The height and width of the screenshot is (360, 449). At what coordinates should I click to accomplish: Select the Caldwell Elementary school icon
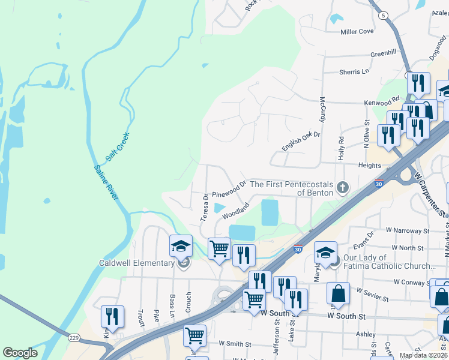181,246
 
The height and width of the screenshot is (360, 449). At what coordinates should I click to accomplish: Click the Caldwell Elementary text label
137,263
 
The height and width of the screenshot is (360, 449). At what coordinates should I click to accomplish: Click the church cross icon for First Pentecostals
343,188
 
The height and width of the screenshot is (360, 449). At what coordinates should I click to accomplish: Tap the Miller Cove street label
357,31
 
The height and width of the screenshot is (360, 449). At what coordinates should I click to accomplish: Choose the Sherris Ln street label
354,71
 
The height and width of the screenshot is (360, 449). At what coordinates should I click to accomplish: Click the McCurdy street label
322,109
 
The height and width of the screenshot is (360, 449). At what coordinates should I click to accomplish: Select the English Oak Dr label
301,142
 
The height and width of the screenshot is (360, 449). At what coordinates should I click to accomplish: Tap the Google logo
20,353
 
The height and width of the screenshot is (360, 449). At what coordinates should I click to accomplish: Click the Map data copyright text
424,355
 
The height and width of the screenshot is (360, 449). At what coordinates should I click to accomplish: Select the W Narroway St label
408,230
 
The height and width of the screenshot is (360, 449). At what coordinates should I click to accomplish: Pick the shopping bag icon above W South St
339,295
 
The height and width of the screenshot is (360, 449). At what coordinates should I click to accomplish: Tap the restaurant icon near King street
112,316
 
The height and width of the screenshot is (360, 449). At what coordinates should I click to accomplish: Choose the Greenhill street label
383,53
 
